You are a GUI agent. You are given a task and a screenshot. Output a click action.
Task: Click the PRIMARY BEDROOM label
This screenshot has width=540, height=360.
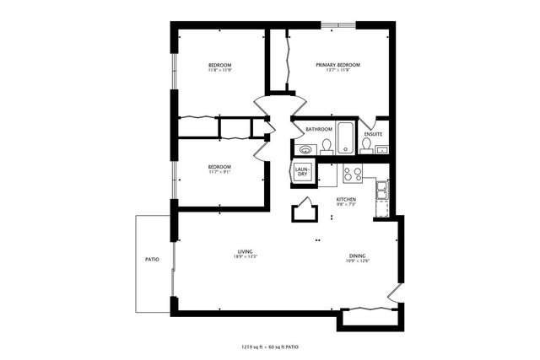point(338,65)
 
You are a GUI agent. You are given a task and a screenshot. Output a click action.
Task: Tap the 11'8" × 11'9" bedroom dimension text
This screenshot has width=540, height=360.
point(220,71)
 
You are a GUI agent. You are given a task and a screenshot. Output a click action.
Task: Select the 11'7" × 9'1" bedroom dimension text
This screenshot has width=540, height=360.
point(220,173)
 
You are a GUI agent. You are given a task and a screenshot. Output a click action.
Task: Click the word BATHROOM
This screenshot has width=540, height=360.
point(319,129)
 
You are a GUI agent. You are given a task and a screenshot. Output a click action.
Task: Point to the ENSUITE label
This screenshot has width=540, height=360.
point(373,134)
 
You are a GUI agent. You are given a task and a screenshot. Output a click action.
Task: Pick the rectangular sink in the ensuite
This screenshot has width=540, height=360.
point(381,150)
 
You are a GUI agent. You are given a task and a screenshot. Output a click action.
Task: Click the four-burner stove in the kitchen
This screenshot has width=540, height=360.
point(353,176)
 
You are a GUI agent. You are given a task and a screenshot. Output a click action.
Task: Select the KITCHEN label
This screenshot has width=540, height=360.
point(346,199)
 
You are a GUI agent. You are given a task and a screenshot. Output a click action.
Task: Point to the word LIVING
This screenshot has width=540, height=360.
point(246,251)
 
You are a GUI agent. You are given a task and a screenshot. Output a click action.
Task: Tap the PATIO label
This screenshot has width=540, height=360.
point(152,259)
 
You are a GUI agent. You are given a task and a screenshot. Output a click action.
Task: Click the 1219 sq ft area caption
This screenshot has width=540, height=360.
point(270,347)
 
